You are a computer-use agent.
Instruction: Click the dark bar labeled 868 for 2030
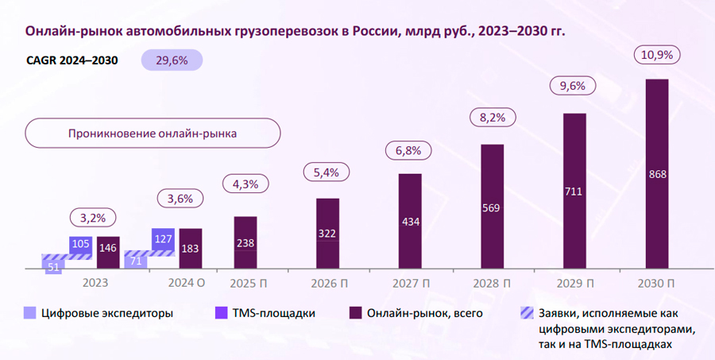pyautogui.click(x=657, y=175)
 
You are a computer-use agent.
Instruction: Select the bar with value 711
pyautogui.click(x=574, y=192)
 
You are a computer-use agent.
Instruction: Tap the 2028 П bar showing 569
pyautogui.click(x=493, y=208)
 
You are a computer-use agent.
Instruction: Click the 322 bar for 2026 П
pyautogui.click(x=327, y=234)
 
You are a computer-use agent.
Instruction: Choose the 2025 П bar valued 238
pyautogui.click(x=245, y=244)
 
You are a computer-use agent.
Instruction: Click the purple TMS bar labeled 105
pyautogui.click(x=80, y=244)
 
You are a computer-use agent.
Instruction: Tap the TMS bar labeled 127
pyautogui.click(x=163, y=239)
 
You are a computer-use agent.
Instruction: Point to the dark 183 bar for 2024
pyautogui.click(x=190, y=250)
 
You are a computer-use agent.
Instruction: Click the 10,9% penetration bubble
pyautogui.click(x=656, y=56)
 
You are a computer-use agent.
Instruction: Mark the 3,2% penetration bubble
pyautogui.click(x=94, y=216)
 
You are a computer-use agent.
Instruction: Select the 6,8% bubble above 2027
pyautogui.click(x=409, y=150)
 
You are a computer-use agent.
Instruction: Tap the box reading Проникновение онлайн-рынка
pyautogui.click(x=153, y=134)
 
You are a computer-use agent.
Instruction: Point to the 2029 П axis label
pyautogui.click(x=574, y=284)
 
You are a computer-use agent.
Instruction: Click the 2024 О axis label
pyautogui.click(x=187, y=284)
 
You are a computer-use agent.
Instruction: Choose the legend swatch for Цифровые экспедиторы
pyautogui.click(x=29, y=313)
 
